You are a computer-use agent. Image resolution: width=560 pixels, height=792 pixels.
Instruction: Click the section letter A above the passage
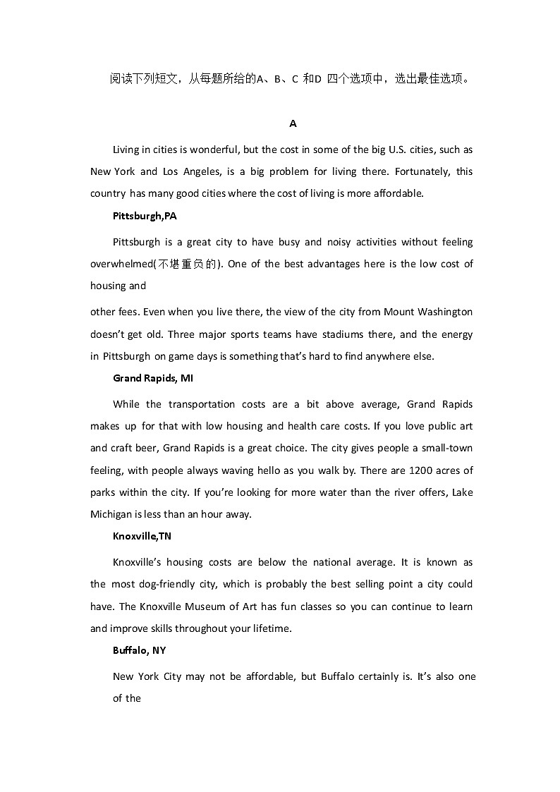[293, 123]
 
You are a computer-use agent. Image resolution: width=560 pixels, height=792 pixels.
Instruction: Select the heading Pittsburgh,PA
[145, 216]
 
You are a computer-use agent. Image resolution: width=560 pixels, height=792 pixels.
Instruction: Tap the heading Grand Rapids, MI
[153, 378]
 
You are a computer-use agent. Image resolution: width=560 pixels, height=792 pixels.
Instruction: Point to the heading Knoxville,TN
[142, 536]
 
